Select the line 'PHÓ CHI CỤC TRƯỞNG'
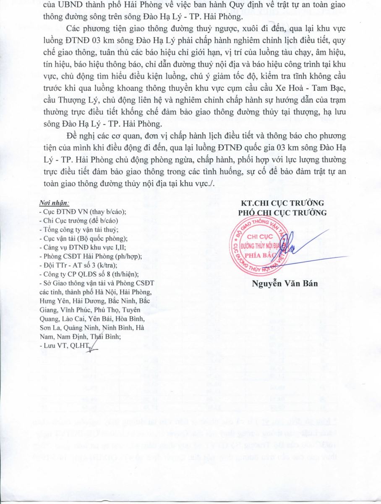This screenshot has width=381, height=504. click(x=282, y=213)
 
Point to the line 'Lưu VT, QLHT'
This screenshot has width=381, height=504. click(x=65, y=345)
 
